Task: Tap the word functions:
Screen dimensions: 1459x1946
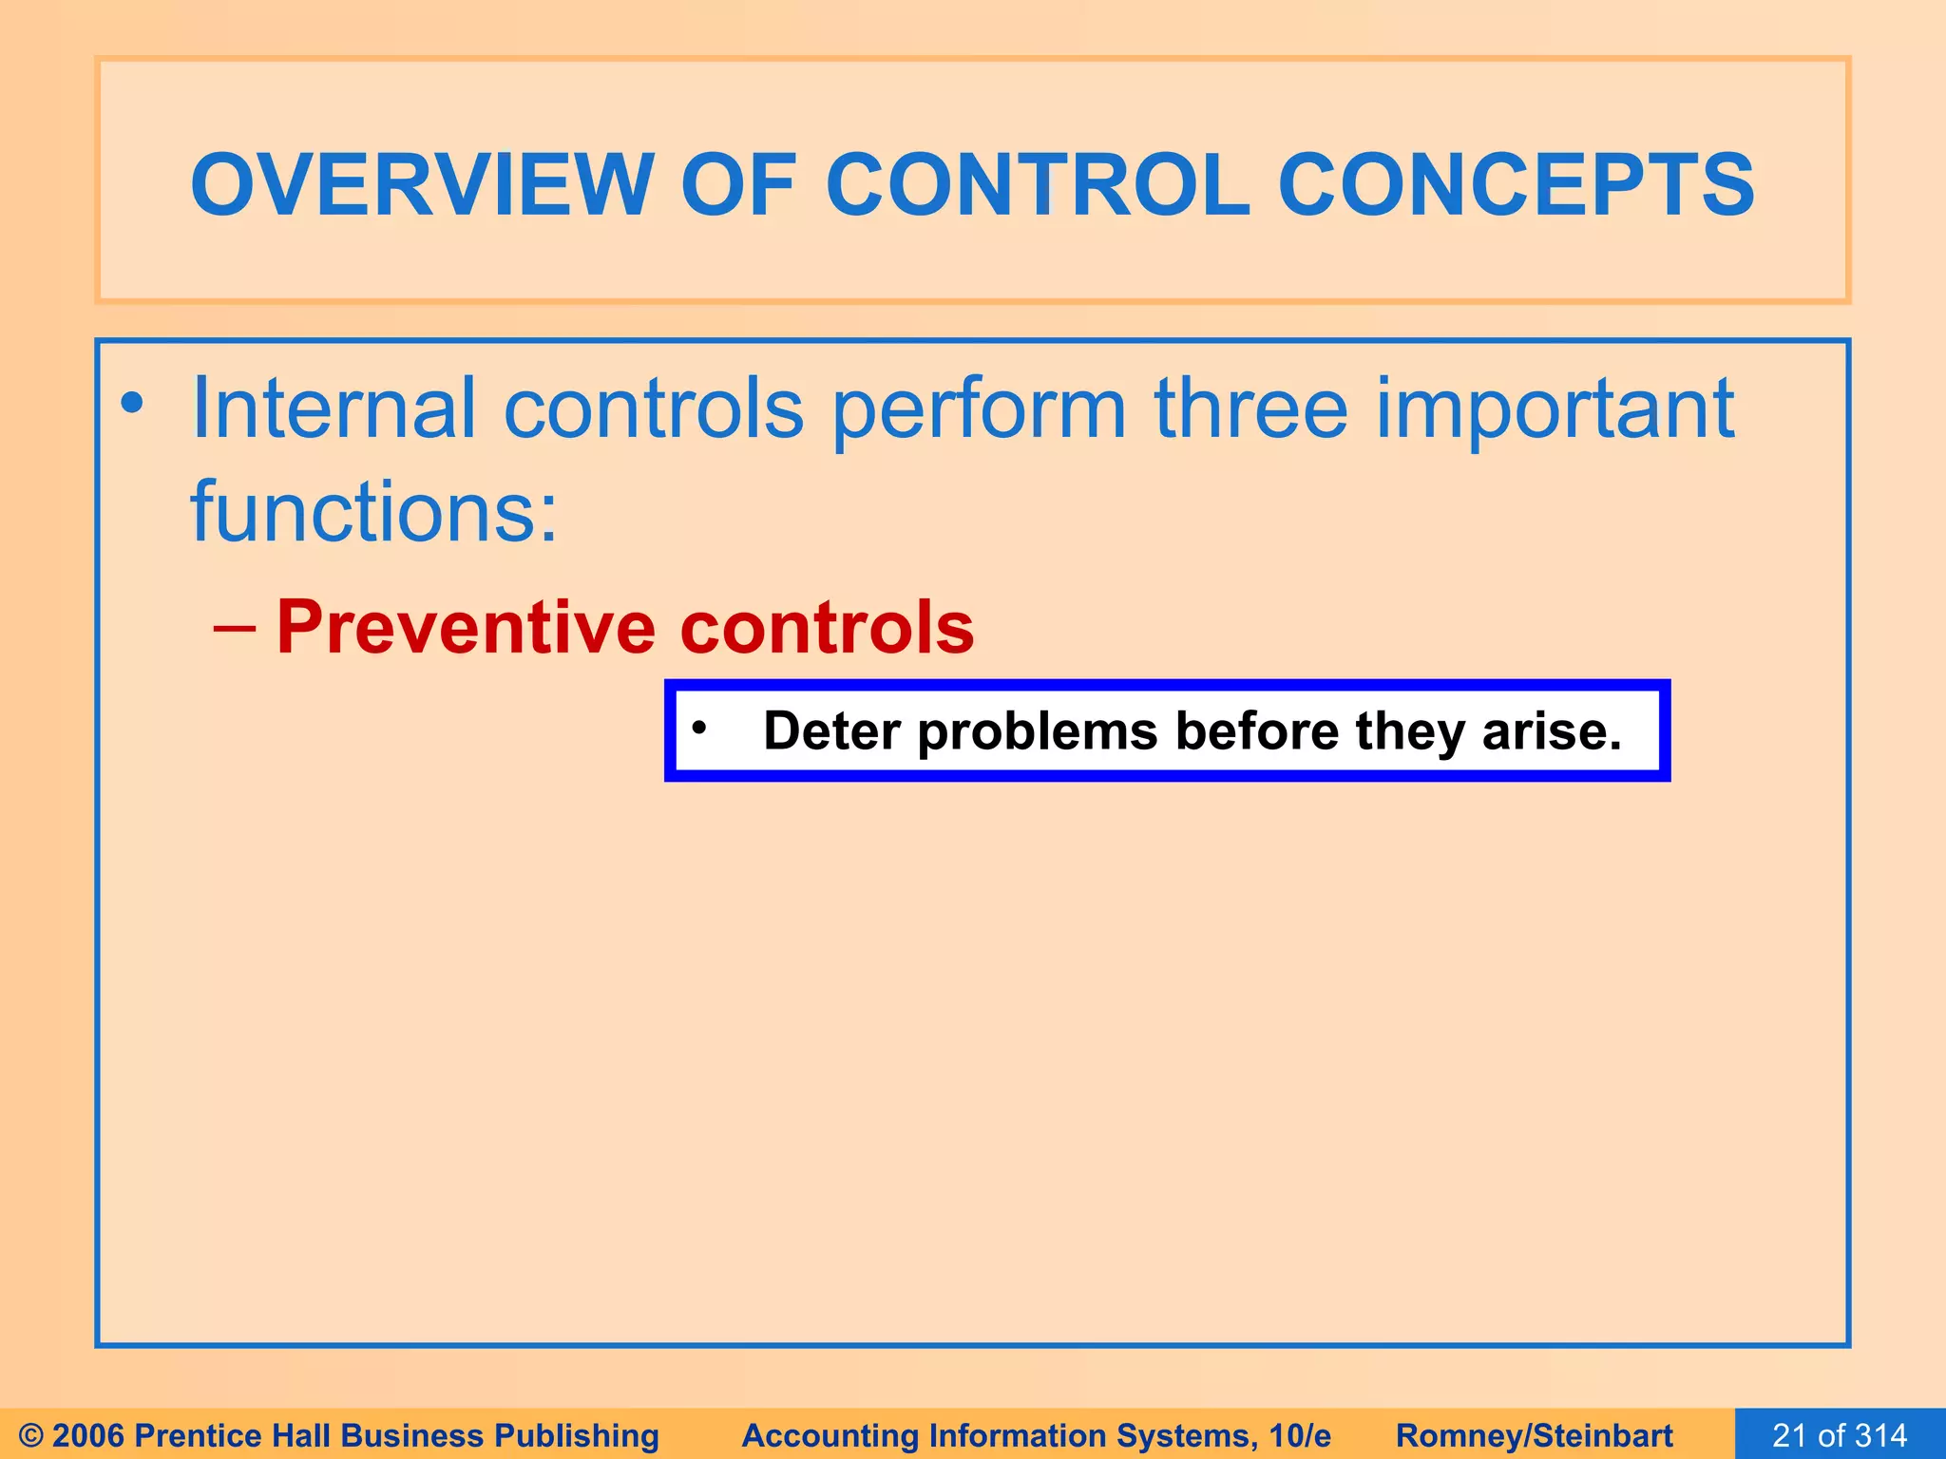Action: pos(374,512)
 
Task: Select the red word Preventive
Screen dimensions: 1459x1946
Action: pos(466,629)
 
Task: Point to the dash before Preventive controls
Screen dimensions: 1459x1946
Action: pos(235,629)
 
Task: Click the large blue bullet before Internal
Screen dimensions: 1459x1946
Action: pos(132,406)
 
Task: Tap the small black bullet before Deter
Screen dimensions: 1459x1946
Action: pos(699,729)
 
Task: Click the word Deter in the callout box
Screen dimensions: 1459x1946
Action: pos(831,731)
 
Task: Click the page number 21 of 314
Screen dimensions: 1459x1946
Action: pos(1840,1435)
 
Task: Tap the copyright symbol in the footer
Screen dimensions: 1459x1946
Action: pos(30,1435)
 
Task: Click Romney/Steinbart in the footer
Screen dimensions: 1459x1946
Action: pos(1534,1435)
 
